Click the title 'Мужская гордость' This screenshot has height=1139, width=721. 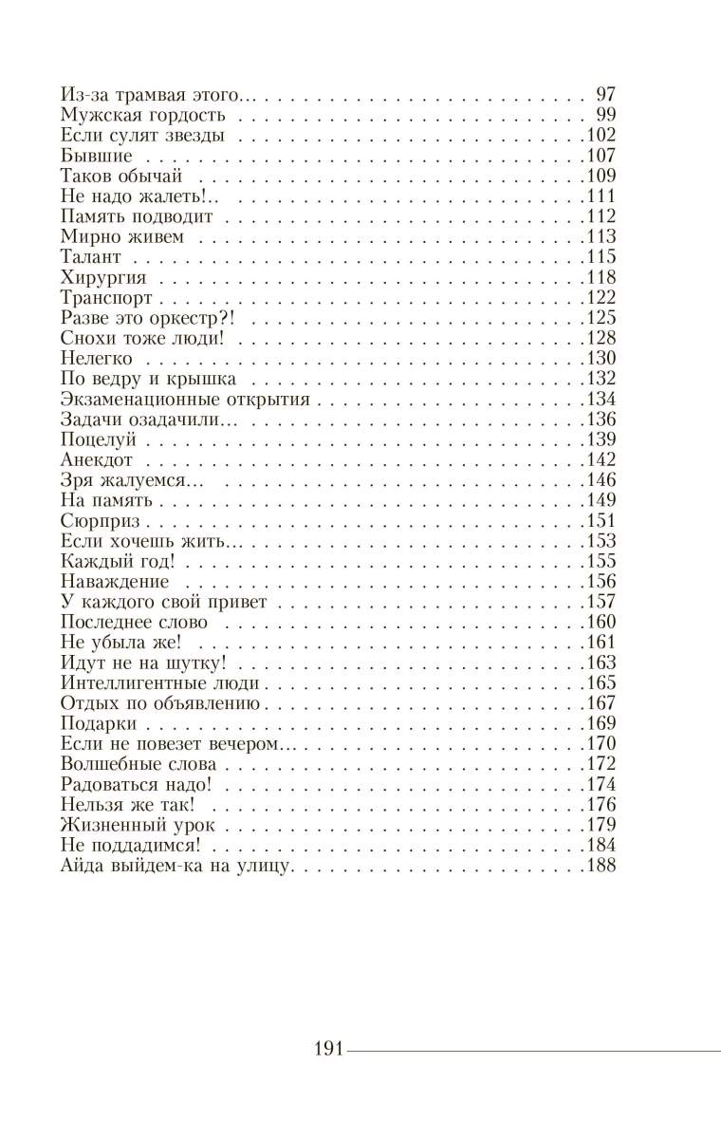[x=142, y=115]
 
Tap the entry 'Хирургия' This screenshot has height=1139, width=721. [x=102, y=277]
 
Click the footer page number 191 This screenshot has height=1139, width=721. [x=326, y=1050]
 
